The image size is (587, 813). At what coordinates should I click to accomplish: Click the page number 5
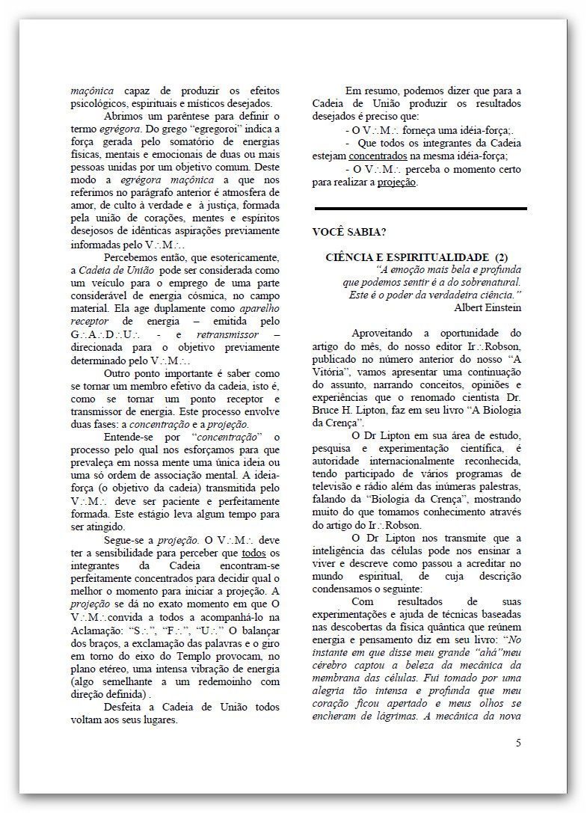(518, 743)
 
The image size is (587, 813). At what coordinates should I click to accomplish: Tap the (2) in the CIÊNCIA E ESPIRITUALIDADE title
(501, 257)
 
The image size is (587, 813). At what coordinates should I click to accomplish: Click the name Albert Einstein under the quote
(487, 307)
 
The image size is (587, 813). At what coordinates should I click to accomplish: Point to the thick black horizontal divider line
(420, 209)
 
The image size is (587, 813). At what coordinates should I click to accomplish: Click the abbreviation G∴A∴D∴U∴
(100, 335)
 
